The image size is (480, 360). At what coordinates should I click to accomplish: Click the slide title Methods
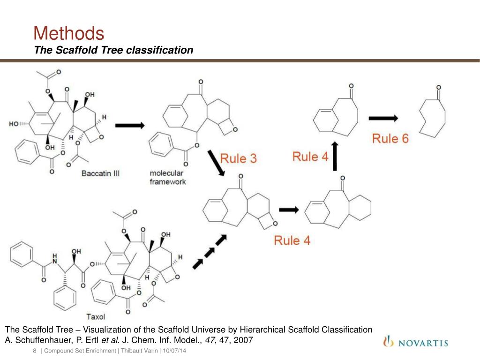(68, 34)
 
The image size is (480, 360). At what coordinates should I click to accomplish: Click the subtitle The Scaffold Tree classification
(113, 50)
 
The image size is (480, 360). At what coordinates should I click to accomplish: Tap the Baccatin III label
(100, 173)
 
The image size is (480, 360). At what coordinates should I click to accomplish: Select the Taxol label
(95, 316)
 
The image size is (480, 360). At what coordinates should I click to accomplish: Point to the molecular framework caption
(168, 177)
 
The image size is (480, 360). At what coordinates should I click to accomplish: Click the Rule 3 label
(239, 158)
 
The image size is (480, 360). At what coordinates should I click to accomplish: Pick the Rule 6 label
(390, 138)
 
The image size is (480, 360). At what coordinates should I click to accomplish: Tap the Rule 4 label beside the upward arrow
(310, 157)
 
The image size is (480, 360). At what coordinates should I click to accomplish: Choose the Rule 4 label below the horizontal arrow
(292, 240)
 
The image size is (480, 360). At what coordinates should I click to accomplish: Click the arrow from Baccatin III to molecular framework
(129, 125)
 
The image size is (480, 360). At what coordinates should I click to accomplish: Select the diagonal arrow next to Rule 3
(216, 163)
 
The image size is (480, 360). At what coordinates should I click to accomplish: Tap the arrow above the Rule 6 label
(383, 118)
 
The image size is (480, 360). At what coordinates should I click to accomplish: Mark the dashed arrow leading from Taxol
(210, 252)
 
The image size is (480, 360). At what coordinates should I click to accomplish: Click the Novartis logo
(415, 343)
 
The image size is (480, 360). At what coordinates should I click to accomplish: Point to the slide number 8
(35, 352)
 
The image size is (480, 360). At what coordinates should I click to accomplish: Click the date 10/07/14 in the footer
(174, 352)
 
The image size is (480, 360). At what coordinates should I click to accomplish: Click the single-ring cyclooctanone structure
(432, 115)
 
